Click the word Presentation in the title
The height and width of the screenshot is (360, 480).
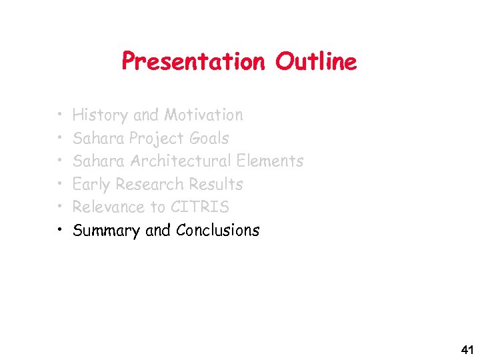193,62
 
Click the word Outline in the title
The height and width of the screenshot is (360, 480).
316,62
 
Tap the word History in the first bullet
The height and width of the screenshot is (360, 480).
100,115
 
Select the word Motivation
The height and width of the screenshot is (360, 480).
203,115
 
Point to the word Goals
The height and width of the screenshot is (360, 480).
209,139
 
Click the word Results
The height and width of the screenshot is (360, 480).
216,185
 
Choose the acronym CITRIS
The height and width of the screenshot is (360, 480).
199,207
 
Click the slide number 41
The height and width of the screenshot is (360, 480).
467,350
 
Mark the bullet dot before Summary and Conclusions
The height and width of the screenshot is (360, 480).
60,231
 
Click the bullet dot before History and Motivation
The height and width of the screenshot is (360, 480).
60,115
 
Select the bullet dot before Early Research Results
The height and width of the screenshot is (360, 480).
60,185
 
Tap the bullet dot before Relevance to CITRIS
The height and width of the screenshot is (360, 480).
60,207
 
